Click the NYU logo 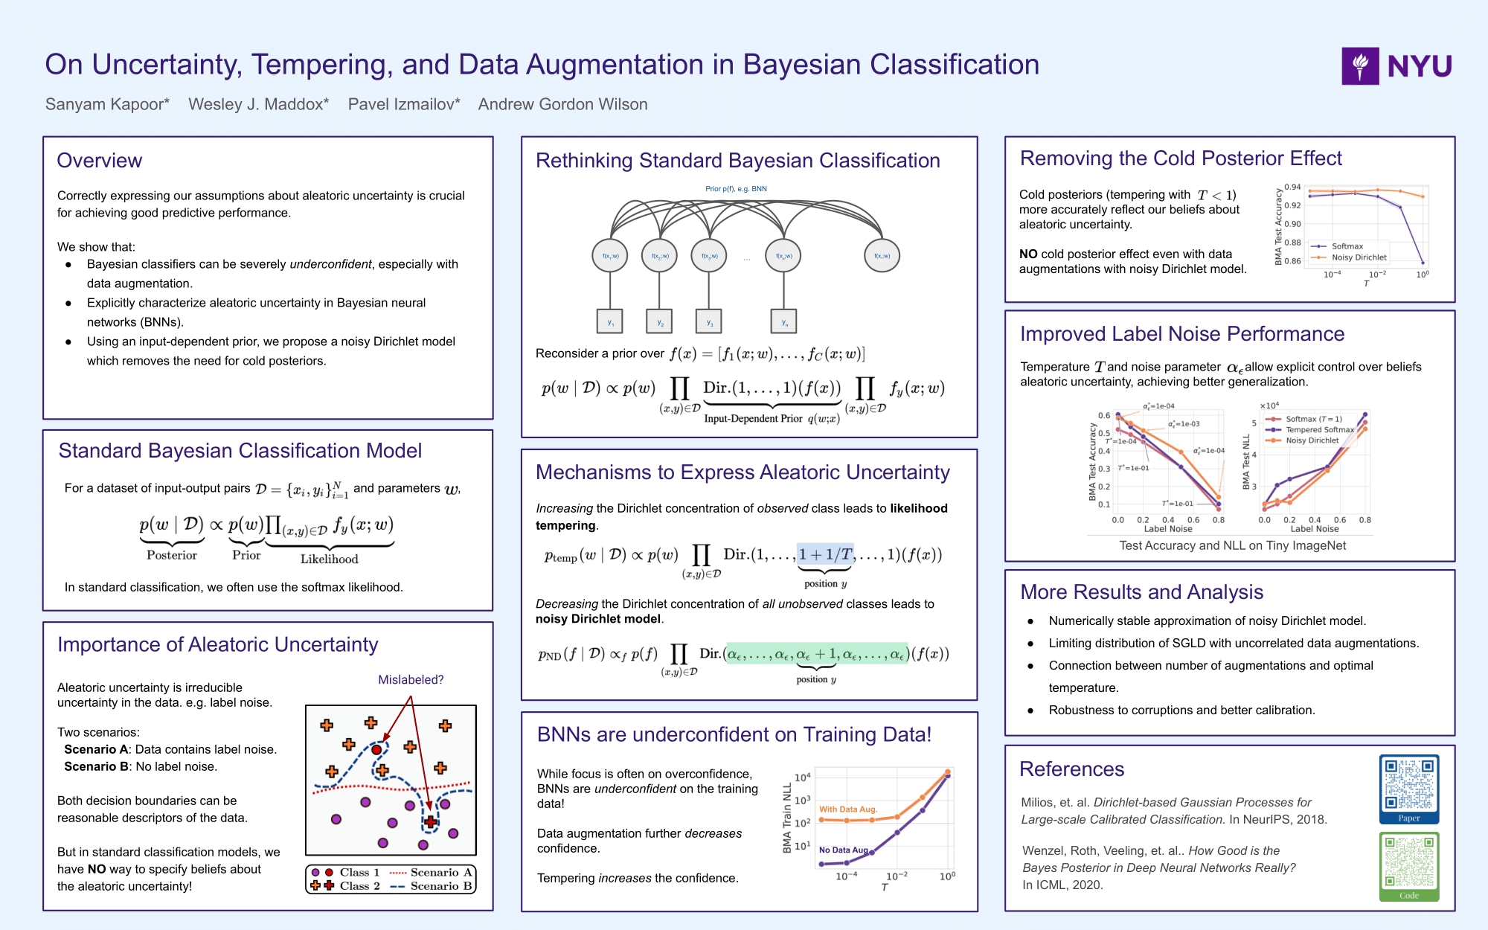pos(1396,66)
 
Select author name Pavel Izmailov pos(403,104)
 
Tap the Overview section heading pos(99,161)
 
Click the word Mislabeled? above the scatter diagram pos(411,679)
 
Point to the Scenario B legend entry pos(432,886)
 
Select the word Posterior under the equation pos(172,555)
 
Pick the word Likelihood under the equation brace pos(329,559)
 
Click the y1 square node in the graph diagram pos(610,321)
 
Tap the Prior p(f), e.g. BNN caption pos(736,188)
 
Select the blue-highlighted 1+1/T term pos(825,554)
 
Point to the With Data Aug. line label pos(848,809)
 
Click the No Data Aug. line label pos(844,850)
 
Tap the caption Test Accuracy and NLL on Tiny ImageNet pos(1232,545)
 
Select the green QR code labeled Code pos(1408,862)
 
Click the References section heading pos(1071,769)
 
